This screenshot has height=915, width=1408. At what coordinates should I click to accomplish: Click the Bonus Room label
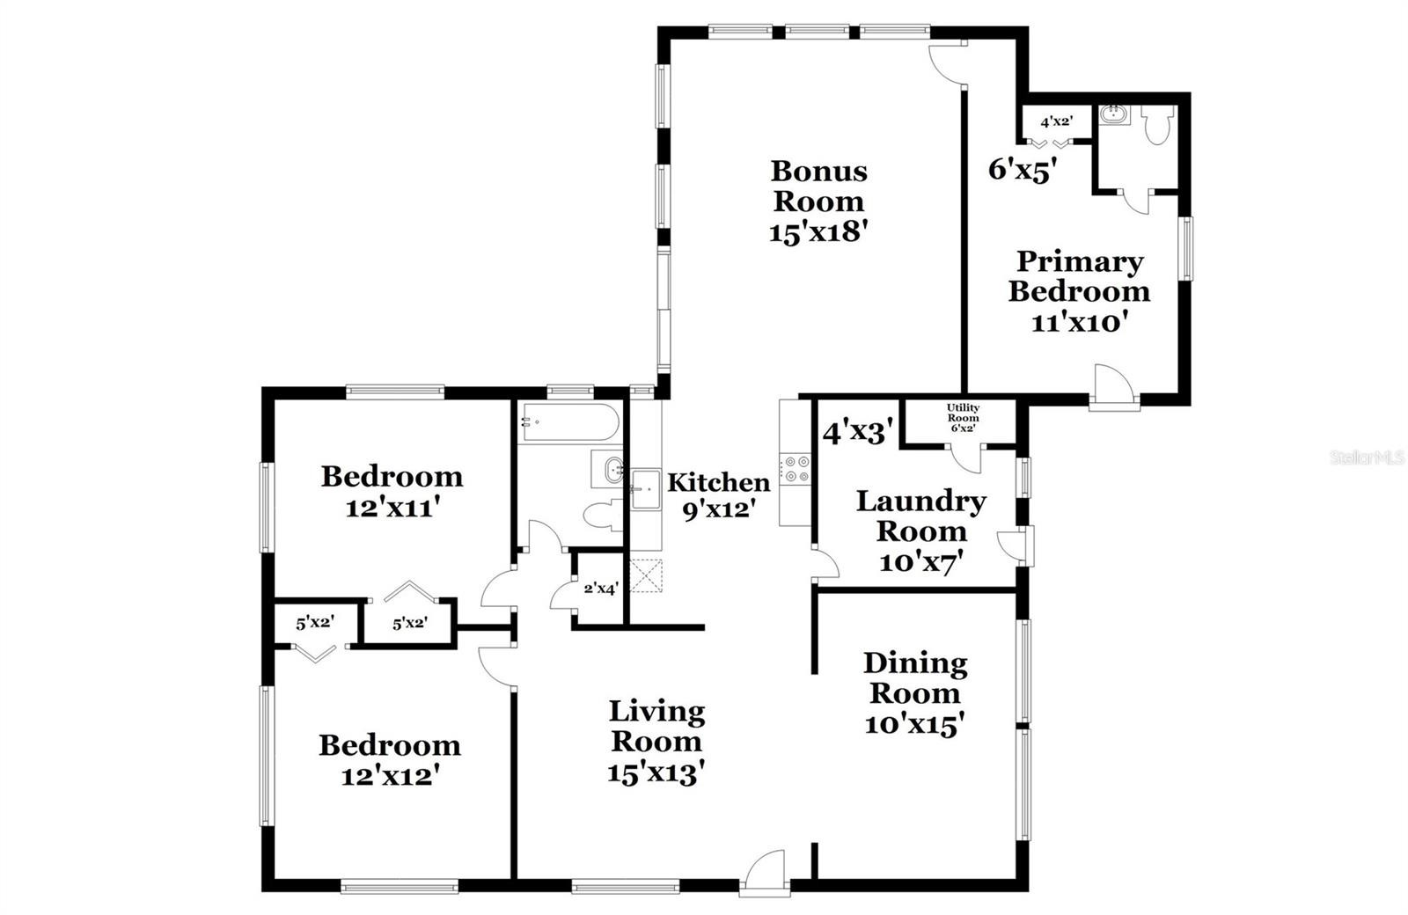[x=819, y=186]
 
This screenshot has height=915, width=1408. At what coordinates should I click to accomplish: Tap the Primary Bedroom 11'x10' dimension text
[x=1077, y=322]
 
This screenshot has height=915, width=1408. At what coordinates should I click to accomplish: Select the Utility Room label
[x=963, y=413]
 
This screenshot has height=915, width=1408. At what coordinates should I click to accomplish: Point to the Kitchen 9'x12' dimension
[x=718, y=509]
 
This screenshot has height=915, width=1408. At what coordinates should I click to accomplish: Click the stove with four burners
[x=796, y=470]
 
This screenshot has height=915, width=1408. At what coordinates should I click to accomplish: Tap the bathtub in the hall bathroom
[x=568, y=423]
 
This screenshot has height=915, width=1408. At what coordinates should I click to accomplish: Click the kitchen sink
[x=646, y=489]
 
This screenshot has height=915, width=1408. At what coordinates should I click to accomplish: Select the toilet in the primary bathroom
[x=1158, y=125]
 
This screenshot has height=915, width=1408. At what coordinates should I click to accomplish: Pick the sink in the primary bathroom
[x=1114, y=113]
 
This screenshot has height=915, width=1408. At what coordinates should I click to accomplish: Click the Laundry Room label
[x=920, y=516]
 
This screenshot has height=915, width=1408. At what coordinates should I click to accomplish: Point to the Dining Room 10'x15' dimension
[x=914, y=725]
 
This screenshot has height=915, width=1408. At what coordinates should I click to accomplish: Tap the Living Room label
[x=656, y=727]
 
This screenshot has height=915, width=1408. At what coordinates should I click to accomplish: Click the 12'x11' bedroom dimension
[x=391, y=508]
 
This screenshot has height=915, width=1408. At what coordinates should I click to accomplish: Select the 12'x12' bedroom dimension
[x=390, y=776]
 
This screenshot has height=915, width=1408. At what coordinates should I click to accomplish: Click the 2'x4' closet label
[x=601, y=589]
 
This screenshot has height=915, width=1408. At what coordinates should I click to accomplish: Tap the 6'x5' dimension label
[x=1022, y=170]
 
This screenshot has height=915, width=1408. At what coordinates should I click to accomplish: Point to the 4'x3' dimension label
[x=858, y=432]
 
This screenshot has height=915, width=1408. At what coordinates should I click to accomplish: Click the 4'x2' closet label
[x=1057, y=121]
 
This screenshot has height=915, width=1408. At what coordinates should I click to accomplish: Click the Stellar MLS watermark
[x=1368, y=457]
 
